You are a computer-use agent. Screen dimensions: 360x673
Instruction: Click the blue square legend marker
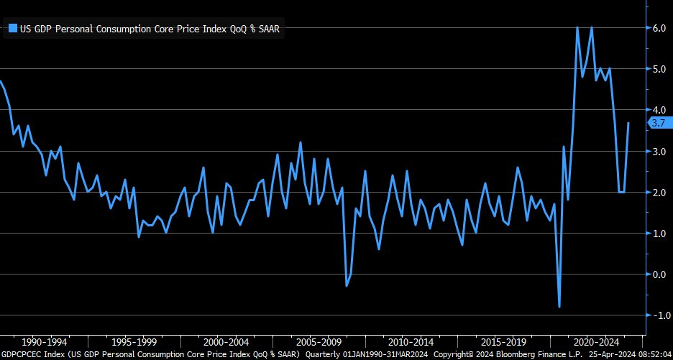12,29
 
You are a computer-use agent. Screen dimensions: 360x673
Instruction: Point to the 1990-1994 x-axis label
45,342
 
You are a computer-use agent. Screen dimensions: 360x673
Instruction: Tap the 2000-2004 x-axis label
226,342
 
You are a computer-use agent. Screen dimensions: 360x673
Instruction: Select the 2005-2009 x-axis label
317,342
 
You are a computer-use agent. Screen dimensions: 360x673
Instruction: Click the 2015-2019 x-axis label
503,342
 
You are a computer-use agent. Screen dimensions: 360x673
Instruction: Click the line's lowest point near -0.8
559,307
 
